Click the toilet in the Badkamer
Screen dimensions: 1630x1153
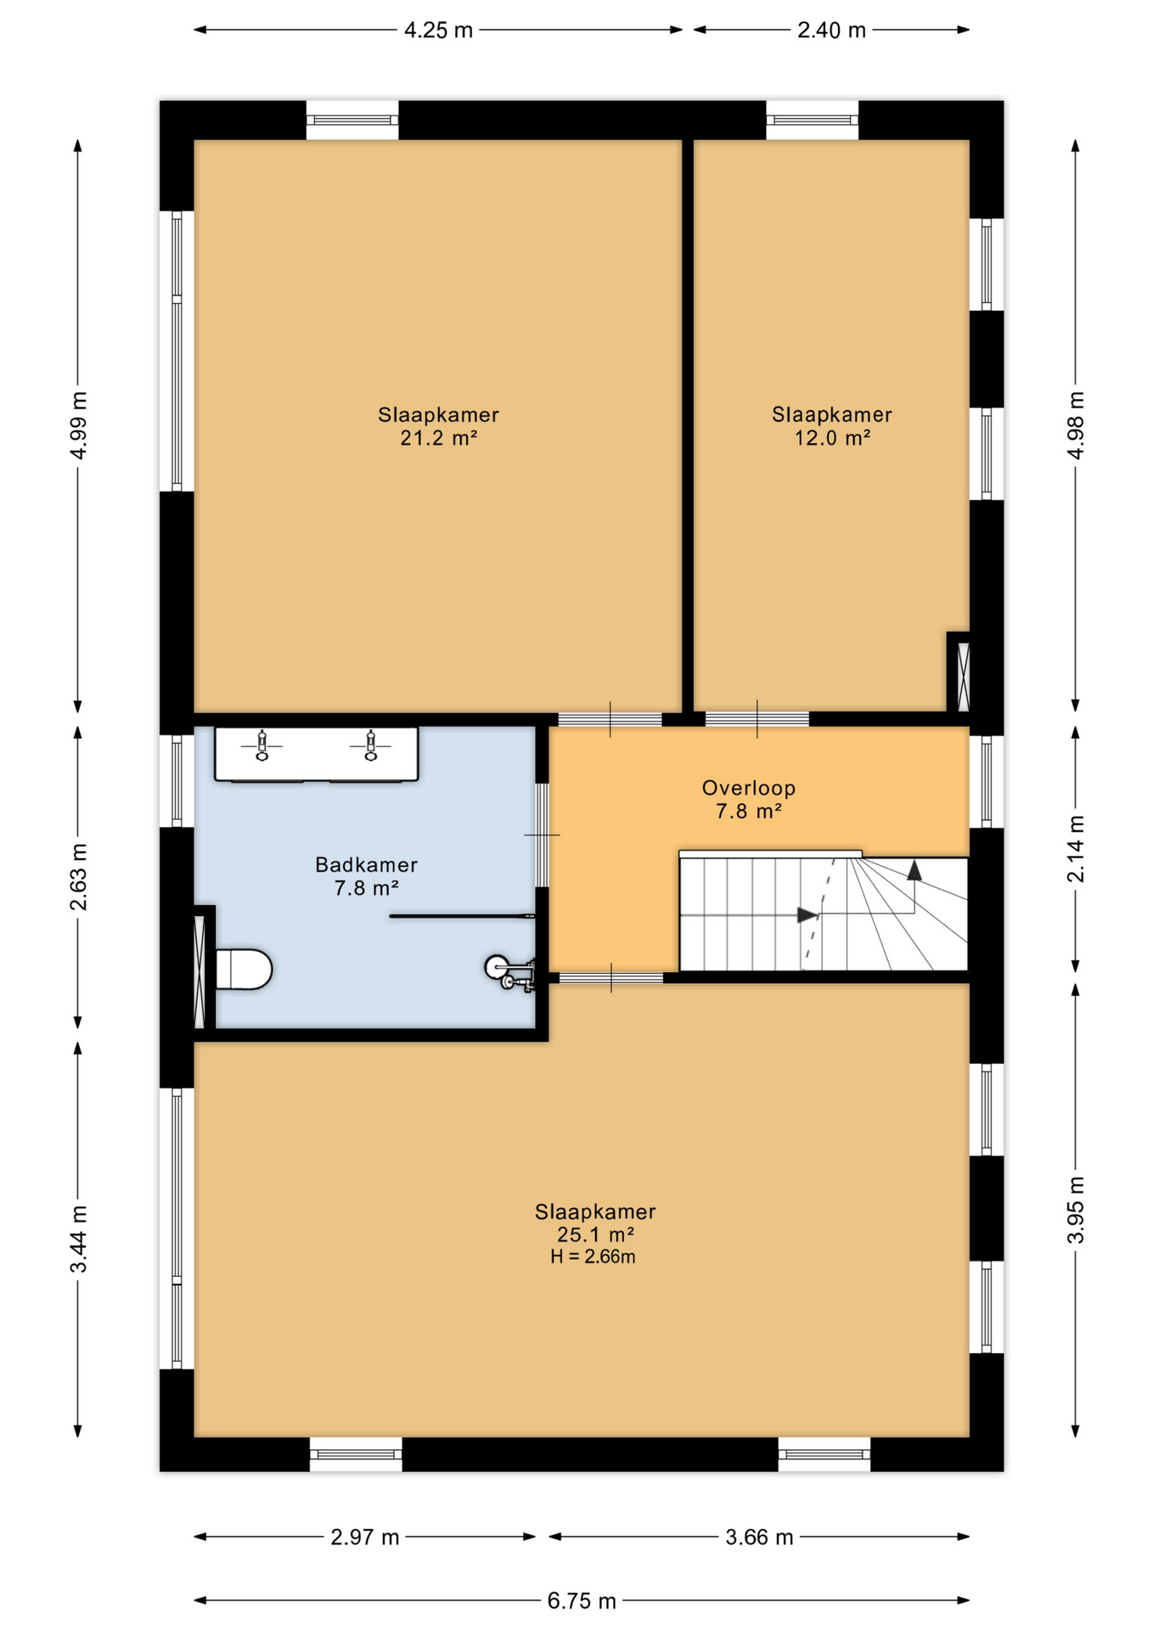coord(243,969)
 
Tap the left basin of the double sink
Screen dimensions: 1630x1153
coord(262,747)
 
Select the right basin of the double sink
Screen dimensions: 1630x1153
coord(370,747)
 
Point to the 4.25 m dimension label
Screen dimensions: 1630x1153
coord(438,31)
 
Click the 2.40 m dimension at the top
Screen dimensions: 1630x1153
coord(831,31)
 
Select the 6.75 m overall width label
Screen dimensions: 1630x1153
coord(582,1601)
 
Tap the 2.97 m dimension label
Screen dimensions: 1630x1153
coord(365,1537)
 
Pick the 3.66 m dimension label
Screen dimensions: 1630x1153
coord(759,1537)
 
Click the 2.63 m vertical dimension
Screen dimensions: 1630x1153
coord(78,876)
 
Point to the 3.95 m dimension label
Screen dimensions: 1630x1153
coord(1076,1210)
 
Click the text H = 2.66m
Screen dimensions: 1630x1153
coord(593,1257)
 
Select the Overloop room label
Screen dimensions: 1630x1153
coord(748,788)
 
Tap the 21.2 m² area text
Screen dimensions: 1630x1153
coord(438,439)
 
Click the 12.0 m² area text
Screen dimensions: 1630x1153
coord(832,439)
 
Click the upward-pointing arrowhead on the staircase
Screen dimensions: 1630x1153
coord(914,869)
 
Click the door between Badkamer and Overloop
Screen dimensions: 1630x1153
coord(542,835)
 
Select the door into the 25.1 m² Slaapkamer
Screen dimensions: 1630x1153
coord(610,978)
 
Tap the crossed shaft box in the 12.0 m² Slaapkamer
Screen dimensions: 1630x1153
coord(963,677)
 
